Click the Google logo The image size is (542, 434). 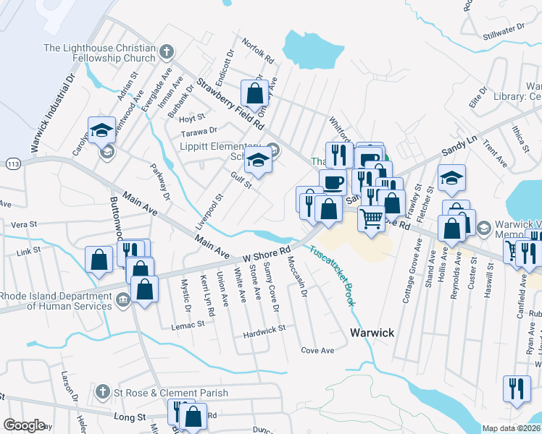coord(24,425)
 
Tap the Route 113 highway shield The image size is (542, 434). coord(12,165)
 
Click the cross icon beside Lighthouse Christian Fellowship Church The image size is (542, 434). coord(167,51)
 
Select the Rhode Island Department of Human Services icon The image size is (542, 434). coord(122,299)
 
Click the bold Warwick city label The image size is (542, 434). coord(372,333)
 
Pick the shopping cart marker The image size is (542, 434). coord(371,218)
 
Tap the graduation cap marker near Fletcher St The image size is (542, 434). coord(451,178)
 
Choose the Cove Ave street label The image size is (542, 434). coord(317,350)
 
